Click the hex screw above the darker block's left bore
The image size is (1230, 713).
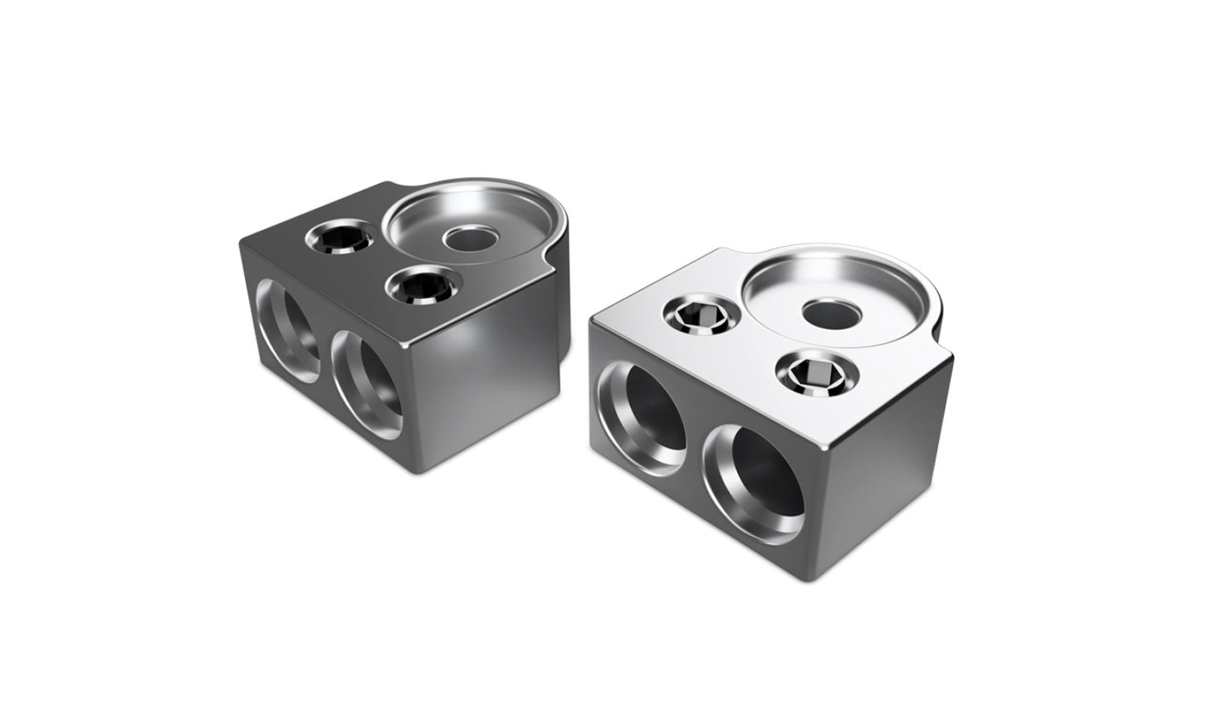coord(340,237)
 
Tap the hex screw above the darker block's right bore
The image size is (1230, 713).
coord(420,287)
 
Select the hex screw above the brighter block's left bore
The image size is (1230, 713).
coord(695,319)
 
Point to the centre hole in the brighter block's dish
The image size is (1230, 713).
coord(832,314)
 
